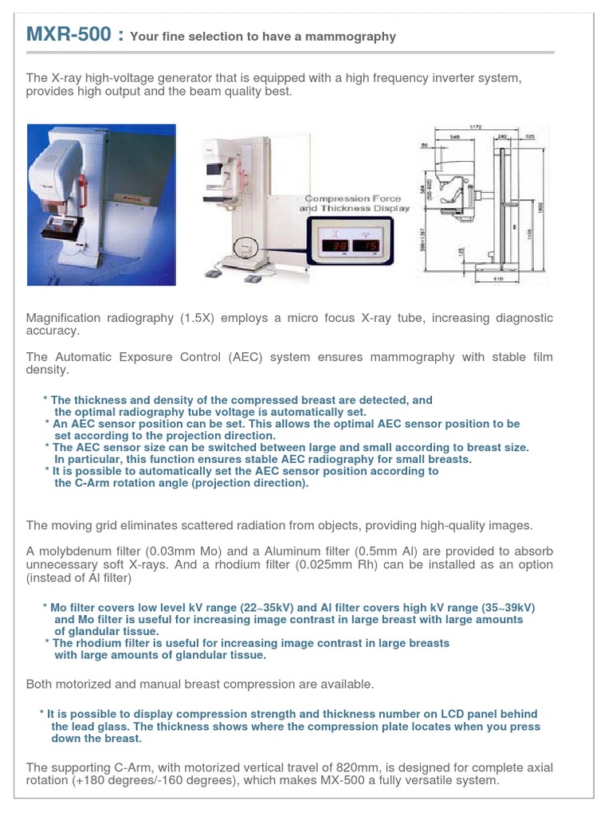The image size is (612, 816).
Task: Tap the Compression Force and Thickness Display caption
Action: coord(355,203)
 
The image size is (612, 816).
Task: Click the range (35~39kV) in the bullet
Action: coord(495,607)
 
